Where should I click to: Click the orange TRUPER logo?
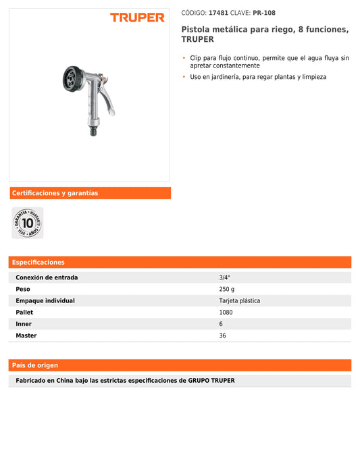[x=137, y=18]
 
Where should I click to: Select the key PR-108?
[x=264, y=13]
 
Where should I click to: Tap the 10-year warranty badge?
[x=28, y=223]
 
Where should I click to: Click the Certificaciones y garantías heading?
[x=55, y=193]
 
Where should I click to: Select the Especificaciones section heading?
[x=38, y=262]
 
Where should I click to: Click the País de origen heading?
[x=35, y=365]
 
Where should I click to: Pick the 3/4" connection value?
[x=225, y=277]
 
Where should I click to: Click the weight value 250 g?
[x=227, y=289]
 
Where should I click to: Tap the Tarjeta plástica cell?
[x=239, y=300]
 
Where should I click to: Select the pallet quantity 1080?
[x=226, y=313]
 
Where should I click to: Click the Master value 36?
[x=223, y=336]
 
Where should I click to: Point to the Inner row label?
[x=24, y=324]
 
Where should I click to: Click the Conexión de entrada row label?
[x=47, y=277]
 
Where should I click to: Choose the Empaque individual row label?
[x=45, y=300]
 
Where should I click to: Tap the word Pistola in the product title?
[x=196, y=30]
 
